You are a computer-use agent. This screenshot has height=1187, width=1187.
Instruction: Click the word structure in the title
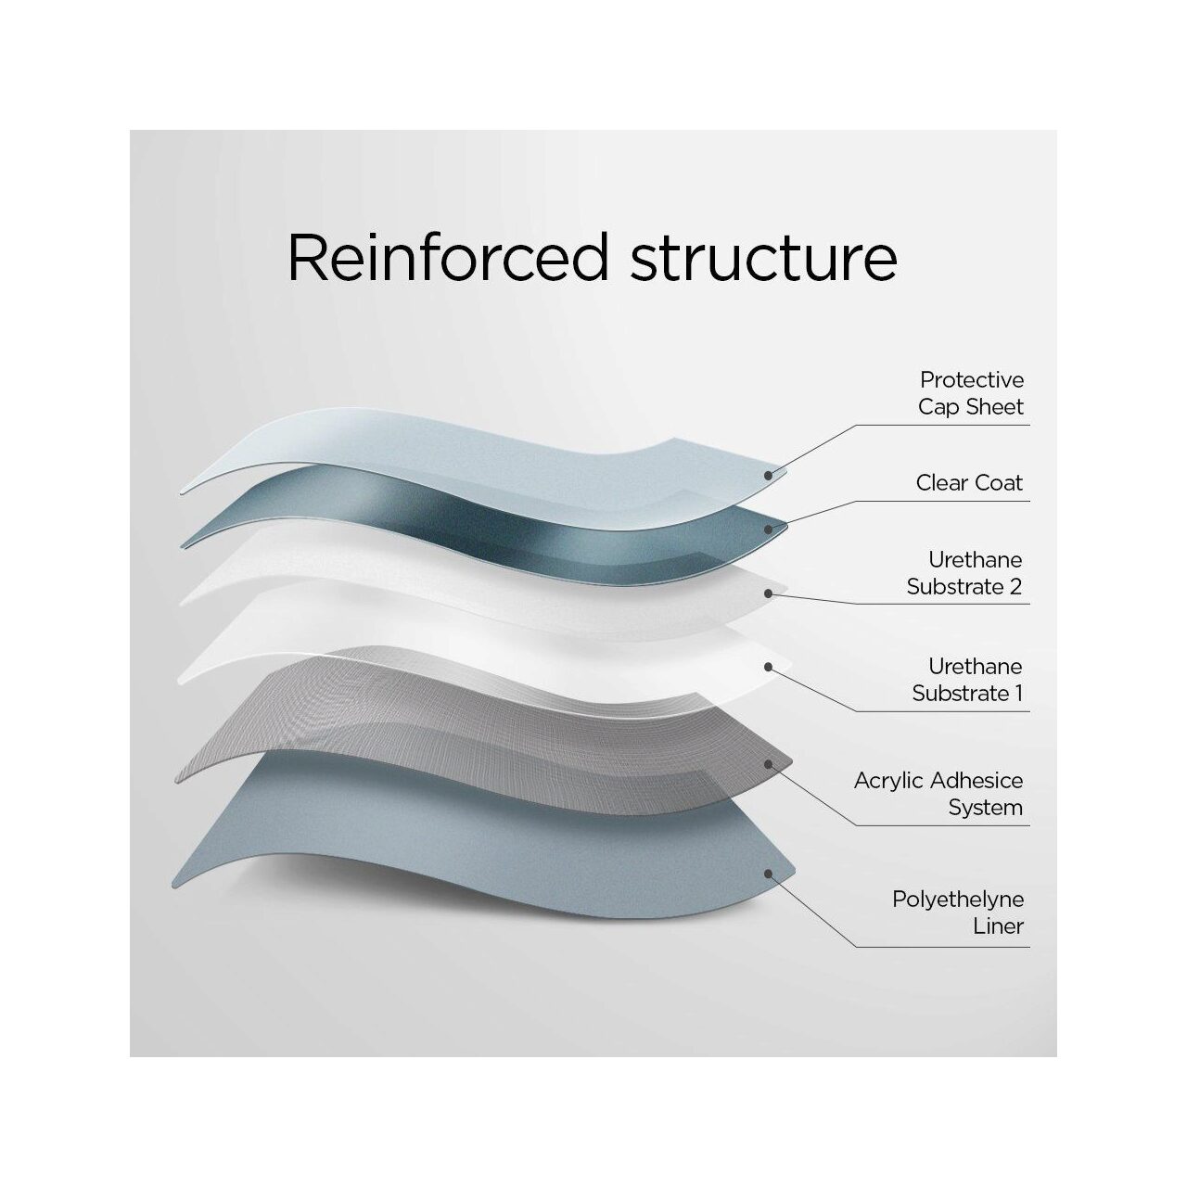click(763, 259)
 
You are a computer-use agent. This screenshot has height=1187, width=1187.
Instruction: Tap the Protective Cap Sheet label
click(971, 393)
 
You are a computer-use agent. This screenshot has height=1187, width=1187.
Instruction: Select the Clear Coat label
click(969, 482)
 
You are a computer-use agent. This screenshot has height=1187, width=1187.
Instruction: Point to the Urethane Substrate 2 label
click(964, 573)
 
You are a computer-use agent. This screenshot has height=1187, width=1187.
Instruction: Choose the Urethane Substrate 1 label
click(967, 680)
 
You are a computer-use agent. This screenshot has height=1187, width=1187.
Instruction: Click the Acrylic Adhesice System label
click(938, 794)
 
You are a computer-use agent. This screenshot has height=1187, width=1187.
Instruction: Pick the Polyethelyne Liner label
click(958, 913)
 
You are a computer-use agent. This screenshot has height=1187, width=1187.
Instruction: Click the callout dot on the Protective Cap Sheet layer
click(768, 475)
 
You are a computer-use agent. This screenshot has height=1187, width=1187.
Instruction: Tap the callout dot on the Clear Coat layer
click(768, 530)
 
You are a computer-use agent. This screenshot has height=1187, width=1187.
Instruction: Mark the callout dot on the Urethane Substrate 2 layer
click(768, 593)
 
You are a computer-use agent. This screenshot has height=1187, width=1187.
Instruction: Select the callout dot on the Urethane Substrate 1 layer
click(768, 667)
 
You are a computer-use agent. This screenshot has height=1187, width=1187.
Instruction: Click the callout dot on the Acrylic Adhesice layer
click(768, 764)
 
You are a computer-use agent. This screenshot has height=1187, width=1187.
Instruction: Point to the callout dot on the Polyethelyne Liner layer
click(768, 874)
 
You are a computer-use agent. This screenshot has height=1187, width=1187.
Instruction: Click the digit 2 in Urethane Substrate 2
click(1015, 586)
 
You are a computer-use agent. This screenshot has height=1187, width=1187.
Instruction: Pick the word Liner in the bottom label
click(998, 925)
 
